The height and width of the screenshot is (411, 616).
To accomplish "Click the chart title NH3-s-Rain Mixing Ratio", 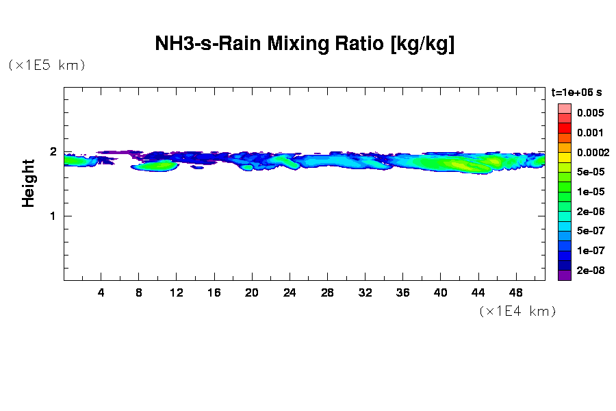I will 305,45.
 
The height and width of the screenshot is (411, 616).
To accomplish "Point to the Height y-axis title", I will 29,183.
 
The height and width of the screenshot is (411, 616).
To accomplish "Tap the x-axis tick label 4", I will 101,292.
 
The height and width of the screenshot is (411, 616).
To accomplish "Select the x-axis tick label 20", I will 252,292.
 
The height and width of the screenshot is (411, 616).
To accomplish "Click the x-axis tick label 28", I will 327,292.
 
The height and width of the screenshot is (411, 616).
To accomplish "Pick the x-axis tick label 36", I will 402,292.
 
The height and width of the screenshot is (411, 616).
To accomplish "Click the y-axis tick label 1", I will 51,216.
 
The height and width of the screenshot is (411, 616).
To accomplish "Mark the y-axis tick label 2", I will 51,152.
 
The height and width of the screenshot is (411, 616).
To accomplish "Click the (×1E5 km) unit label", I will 47,66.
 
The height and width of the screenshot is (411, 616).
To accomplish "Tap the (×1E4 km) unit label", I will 517,311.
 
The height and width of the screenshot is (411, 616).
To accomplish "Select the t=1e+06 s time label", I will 577,92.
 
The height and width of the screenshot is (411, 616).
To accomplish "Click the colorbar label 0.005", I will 590,112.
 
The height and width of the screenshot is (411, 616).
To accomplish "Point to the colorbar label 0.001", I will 590,132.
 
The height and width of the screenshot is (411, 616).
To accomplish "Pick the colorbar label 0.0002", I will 593,152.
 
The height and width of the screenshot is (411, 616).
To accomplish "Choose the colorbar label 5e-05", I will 590,172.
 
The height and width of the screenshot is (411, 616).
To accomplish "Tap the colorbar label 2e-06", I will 590,212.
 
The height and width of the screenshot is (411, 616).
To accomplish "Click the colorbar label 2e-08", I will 590,271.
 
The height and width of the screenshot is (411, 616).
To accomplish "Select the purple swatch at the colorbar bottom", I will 565,275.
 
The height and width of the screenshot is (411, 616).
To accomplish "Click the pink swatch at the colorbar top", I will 565,108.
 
